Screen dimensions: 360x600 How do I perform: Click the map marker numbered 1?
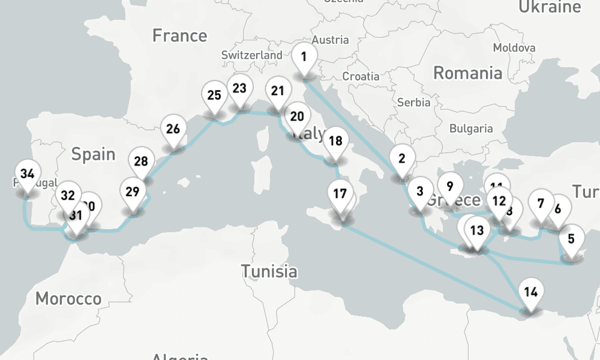[304, 58]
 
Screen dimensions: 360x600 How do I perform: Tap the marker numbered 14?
[530, 293]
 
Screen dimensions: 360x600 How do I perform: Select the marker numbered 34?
[27, 175]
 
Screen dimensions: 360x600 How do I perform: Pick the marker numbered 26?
[173, 129]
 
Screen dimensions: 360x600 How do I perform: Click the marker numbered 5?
[571, 239]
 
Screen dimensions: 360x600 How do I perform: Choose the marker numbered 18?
[336, 142]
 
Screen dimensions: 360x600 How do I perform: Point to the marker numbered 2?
[402, 159]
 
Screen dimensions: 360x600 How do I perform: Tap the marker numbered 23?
[239, 89]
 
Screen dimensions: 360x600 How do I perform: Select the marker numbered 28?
[141, 161]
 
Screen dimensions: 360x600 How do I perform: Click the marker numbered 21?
[277, 91]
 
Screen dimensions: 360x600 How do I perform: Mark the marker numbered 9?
[450, 186]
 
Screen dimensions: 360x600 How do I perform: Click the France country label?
[179, 35]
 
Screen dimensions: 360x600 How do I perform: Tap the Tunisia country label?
[269, 271]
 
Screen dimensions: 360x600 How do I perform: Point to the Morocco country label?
[68, 298]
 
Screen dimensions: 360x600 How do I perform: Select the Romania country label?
[467, 73]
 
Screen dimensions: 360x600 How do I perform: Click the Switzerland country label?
[251, 55]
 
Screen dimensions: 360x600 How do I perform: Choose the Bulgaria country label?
[471, 128]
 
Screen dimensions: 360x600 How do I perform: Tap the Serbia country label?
[413, 102]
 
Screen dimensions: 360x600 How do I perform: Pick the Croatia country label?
[361, 76]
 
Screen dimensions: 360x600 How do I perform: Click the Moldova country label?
[514, 47]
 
